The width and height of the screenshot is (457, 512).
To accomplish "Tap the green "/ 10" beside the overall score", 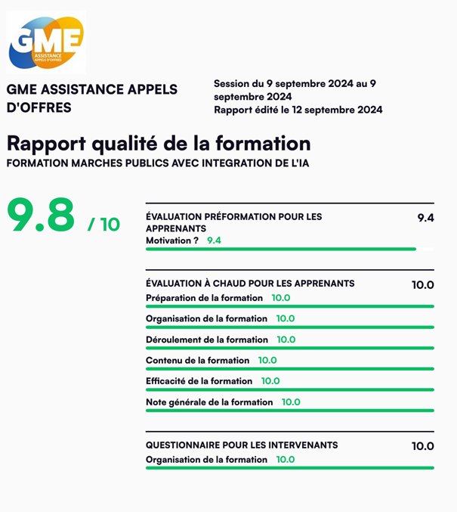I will pos(104,224).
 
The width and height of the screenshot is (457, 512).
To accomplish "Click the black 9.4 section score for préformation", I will pos(425,218).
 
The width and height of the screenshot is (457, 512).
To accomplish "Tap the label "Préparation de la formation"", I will pos(204,298).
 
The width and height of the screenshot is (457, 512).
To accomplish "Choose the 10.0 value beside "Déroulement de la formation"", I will pos(286,340).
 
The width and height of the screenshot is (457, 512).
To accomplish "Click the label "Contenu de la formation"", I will pos(197,361).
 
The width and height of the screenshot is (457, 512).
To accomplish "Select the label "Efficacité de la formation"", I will pos(199,381).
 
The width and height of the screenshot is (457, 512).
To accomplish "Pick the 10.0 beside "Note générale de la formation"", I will pos(291,402).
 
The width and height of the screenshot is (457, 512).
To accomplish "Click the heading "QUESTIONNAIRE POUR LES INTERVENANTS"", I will pos(242,445).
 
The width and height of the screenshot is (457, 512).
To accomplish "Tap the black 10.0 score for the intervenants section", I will pos(423,446).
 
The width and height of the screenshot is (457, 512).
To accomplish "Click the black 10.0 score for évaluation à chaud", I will pos(423,285).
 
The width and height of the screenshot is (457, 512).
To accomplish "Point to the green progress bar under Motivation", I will pos(279,249).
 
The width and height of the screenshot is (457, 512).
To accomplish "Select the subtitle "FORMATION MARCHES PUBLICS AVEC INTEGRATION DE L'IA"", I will pos(156,163).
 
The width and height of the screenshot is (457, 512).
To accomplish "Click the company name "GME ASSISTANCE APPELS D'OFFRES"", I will pos(92,98).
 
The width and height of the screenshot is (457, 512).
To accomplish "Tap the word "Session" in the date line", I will pos(231,83).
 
